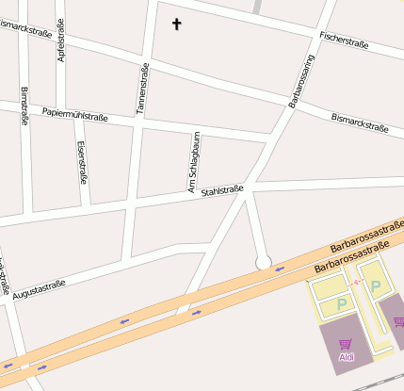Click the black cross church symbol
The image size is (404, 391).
point(176,24)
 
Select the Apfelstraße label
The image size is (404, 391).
point(62,43)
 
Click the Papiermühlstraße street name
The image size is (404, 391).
point(75,116)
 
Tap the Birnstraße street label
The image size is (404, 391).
point(24,106)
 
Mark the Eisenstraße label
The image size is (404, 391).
point(82,161)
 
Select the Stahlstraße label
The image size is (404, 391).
point(222,191)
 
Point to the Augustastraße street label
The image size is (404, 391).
point(40,285)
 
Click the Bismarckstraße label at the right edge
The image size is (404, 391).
point(360,122)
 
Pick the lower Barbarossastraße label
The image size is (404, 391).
point(347,262)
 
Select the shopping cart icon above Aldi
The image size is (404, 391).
point(346,344)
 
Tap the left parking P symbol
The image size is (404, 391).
point(342,304)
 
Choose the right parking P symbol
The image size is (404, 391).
point(376,286)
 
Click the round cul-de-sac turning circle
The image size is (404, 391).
point(264,261)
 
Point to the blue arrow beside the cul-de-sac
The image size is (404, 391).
point(280,269)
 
